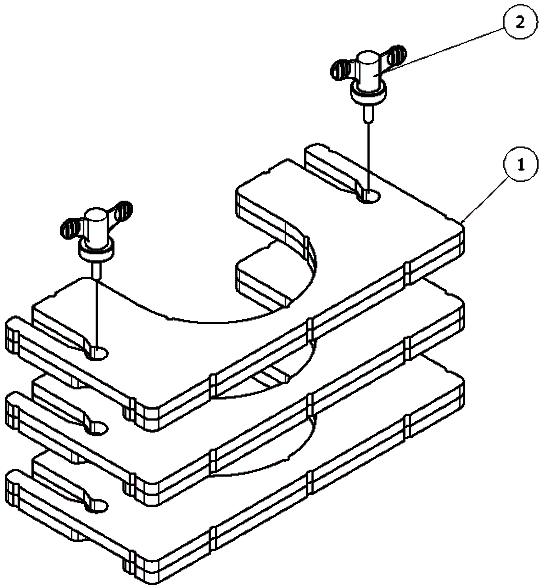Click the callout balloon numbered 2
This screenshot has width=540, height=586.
tap(520, 23)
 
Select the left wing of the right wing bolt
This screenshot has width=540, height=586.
tap(340, 70)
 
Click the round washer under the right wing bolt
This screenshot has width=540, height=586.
tap(369, 94)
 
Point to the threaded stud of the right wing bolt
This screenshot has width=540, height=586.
tap(369, 113)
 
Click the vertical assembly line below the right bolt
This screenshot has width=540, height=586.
tap(369, 155)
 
